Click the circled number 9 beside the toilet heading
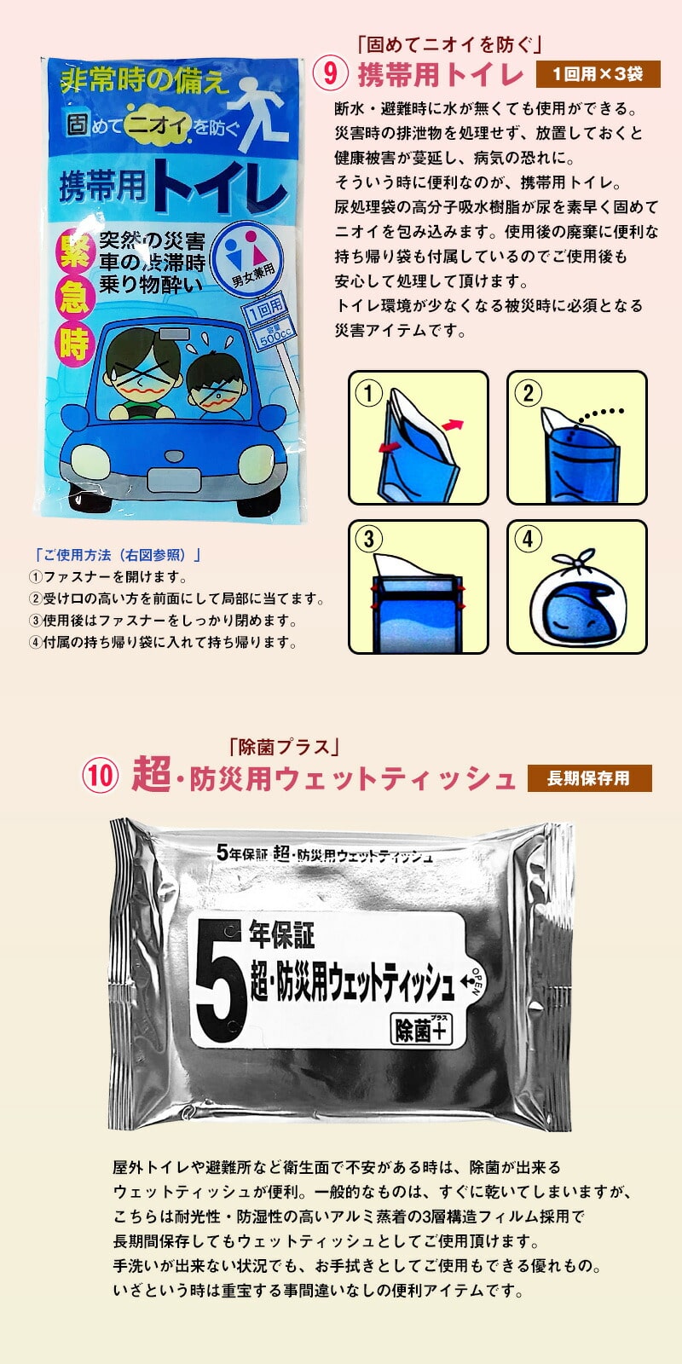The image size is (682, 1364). [329, 73]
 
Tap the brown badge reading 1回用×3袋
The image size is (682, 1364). [598, 74]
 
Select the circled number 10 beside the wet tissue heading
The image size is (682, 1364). [99, 777]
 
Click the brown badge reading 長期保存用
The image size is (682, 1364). [589, 778]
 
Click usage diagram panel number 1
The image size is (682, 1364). [419, 438]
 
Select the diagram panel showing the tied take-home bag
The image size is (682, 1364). [576, 587]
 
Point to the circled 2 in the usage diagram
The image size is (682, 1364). [528, 393]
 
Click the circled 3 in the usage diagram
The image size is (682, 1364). [369, 539]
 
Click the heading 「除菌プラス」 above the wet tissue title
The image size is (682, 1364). [285, 747]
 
